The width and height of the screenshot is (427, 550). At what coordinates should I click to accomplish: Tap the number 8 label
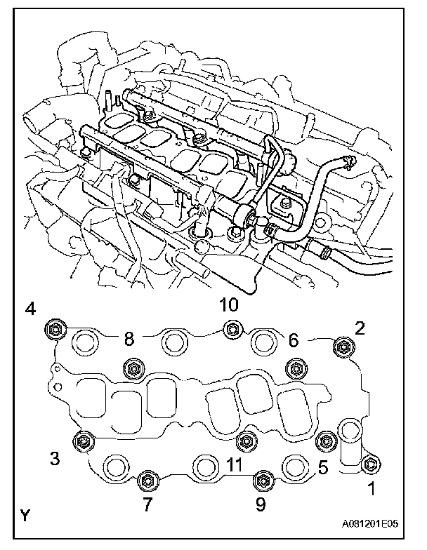tap(128, 339)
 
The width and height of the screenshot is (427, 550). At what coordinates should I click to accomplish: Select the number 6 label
tap(293, 340)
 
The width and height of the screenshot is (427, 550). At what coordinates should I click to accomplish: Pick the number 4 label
tap(29, 309)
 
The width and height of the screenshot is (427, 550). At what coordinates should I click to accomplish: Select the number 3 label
tap(53, 458)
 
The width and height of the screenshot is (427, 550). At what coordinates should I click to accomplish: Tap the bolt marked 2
tap(343, 345)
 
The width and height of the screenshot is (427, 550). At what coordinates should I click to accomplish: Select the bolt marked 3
tap(83, 440)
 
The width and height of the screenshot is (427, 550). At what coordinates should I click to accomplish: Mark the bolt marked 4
tap(54, 328)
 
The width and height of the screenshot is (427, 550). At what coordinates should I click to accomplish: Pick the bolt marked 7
tap(147, 480)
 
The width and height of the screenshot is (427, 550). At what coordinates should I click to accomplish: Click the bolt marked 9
tap(261, 480)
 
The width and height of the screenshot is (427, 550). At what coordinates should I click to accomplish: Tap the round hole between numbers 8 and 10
tap(173, 342)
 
